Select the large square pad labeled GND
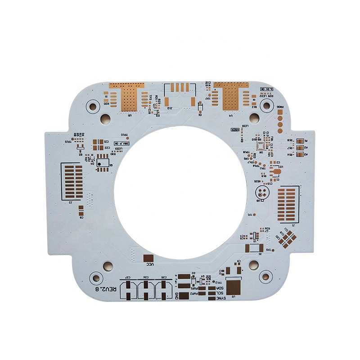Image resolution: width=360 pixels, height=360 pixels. point(184,296)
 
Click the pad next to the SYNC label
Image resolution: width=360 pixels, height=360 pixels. point(211,297)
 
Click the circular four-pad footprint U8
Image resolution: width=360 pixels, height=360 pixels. point(261,193)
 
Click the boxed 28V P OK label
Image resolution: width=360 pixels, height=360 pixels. point(122,143)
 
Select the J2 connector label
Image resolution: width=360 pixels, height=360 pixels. point(71,202)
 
